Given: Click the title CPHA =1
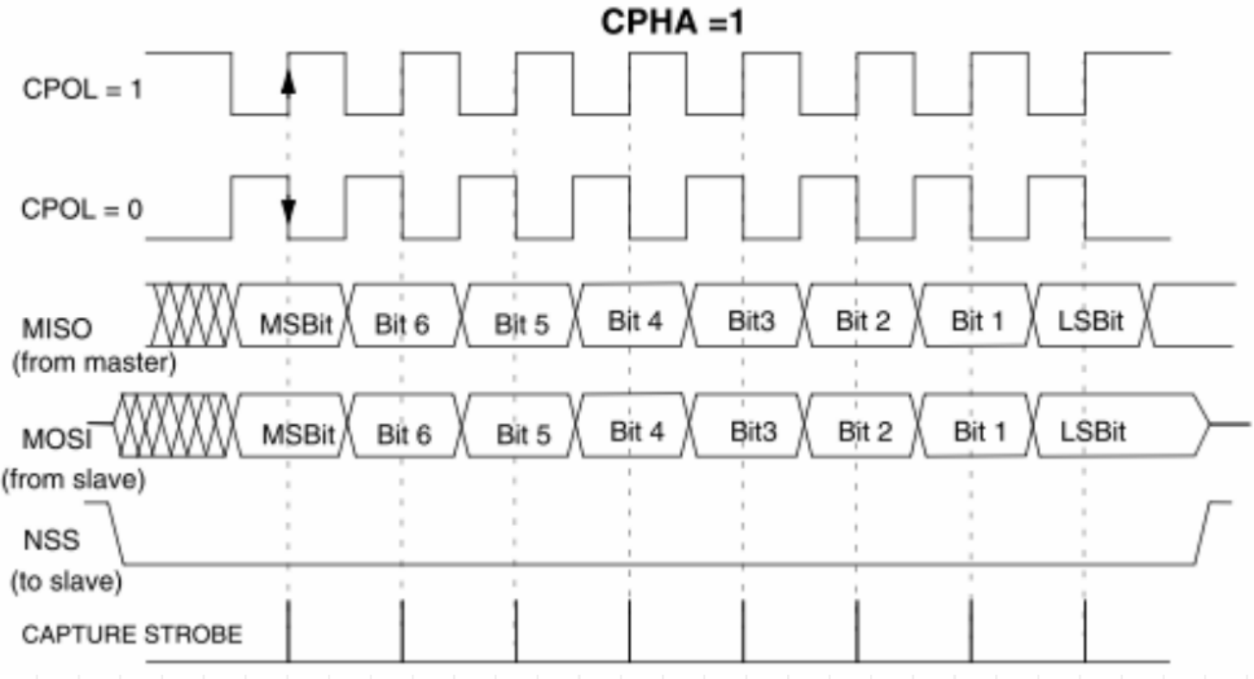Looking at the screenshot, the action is click(672, 22).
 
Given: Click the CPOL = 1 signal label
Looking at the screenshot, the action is click(82, 89).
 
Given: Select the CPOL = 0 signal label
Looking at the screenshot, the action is click(82, 210).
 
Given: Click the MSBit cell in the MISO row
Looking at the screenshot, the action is click(295, 324).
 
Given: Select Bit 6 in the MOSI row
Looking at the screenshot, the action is click(404, 435).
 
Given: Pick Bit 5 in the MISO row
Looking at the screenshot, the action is click(521, 324).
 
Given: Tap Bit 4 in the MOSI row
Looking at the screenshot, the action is click(637, 432).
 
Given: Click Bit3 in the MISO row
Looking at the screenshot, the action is click(752, 321).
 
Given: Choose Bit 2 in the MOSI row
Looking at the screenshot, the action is click(865, 432).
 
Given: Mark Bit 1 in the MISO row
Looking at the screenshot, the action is click(978, 321).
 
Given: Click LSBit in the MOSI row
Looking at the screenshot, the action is click(1093, 432).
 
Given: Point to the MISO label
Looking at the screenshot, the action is click(57, 328).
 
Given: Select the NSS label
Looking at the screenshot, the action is click(52, 540).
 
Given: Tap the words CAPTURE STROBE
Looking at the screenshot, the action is click(132, 635).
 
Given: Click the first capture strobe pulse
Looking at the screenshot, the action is click(288, 631).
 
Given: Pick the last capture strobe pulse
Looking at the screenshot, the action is click(1085, 631).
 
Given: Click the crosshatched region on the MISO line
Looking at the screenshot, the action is click(191, 314).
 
